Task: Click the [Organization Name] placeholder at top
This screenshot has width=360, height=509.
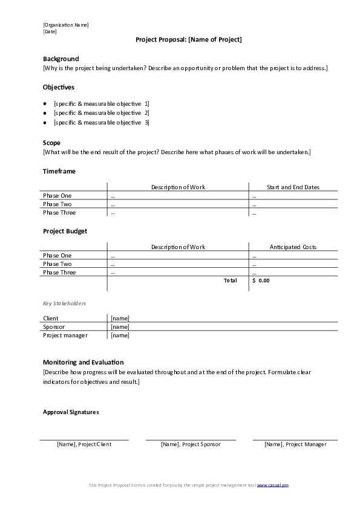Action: click(x=65, y=25)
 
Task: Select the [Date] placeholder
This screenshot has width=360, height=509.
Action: click(x=50, y=31)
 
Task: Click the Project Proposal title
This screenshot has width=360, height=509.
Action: click(x=188, y=40)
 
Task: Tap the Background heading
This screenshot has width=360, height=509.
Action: click(x=61, y=59)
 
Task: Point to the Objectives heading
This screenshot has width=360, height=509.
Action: click(x=59, y=87)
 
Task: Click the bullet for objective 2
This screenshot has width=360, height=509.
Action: click(x=45, y=113)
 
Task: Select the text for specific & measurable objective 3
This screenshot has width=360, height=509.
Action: click(x=101, y=123)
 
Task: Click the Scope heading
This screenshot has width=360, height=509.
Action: click(x=51, y=143)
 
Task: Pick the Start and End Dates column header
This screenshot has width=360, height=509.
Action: click(x=293, y=187)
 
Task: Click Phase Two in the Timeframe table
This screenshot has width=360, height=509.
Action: click(x=57, y=204)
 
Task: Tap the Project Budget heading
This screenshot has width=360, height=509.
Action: click(x=65, y=231)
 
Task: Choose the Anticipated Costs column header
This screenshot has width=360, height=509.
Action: click(x=293, y=247)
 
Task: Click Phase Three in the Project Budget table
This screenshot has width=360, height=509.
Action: click(x=59, y=273)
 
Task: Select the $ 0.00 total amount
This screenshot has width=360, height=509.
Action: click(x=261, y=281)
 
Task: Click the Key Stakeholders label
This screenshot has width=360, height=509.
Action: click(x=64, y=303)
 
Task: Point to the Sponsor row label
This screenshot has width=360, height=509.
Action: click(x=54, y=327)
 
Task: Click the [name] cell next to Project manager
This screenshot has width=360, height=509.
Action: click(x=120, y=336)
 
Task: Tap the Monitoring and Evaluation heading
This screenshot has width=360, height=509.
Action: click(x=83, y=362)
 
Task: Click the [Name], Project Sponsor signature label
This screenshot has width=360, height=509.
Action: click(x=191, y=444)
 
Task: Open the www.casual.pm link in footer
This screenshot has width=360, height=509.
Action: click(x=277, y=485)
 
